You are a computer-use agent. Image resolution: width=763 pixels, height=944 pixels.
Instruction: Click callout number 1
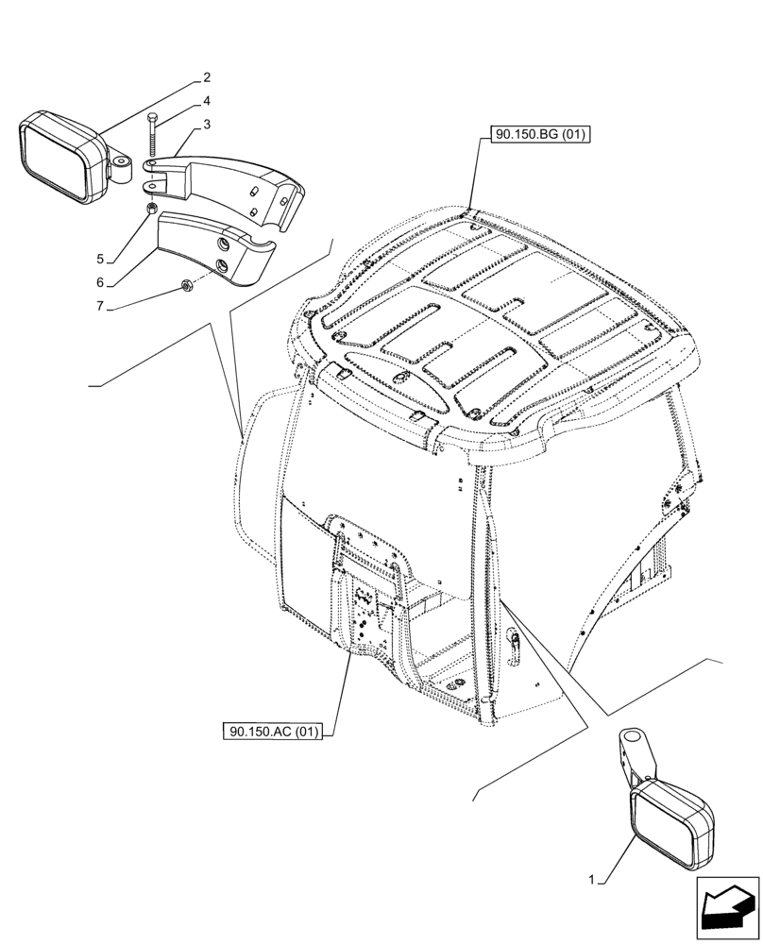[591, 880]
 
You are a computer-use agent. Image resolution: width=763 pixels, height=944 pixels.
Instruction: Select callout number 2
[206, 78]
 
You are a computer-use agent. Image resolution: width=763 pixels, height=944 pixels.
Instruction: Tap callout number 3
[206, 124]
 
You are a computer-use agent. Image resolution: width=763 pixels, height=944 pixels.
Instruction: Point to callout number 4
[206, 101]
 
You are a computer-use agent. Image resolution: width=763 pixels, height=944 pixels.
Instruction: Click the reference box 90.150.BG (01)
[539, 135]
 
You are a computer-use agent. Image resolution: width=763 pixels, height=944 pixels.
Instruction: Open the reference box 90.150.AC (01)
[273, 731]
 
